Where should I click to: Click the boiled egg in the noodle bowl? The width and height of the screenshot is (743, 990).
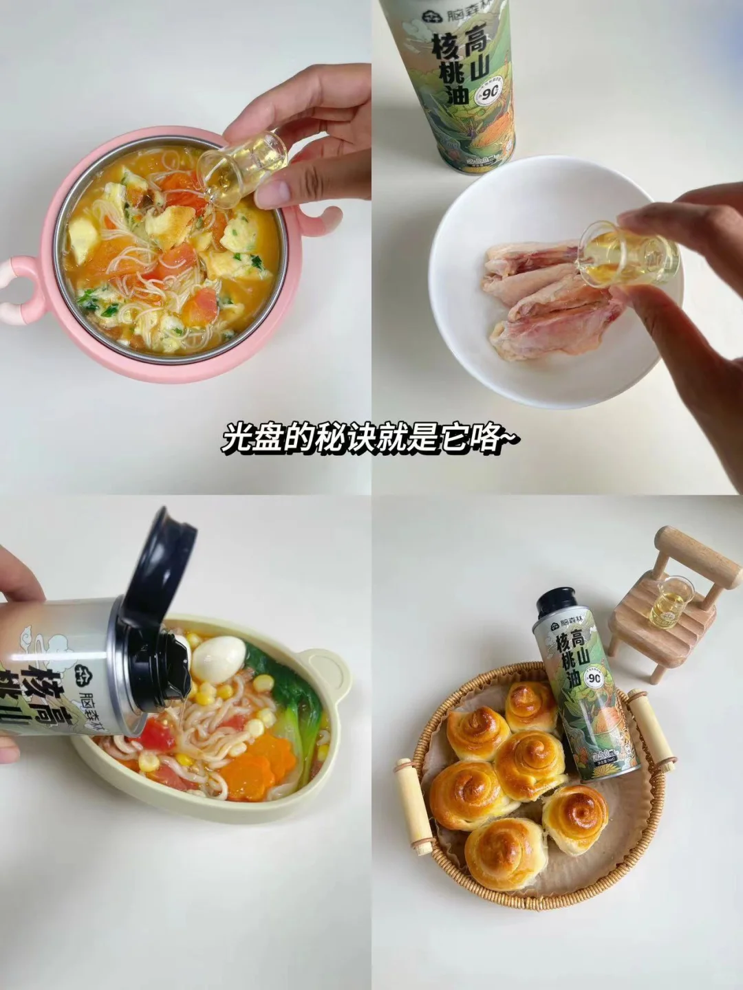pos(217,659)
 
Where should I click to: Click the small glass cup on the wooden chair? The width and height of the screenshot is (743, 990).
pos(667,603)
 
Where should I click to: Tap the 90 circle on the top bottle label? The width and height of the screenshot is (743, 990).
pos(497,87)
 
